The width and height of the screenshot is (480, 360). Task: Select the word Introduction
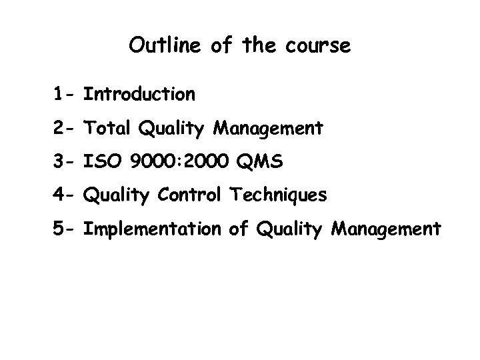click(x=139, y=94)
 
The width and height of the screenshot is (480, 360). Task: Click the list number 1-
click(x=65, y=94)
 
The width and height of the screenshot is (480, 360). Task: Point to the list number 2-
click(x=65, y=127)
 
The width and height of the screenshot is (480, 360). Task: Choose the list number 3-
click(x=65, y=161)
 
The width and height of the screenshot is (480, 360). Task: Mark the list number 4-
click(x=65, y=195)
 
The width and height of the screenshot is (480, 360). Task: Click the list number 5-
click(x=65, y=229)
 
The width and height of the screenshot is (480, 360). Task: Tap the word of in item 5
click(x=237, y=229)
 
